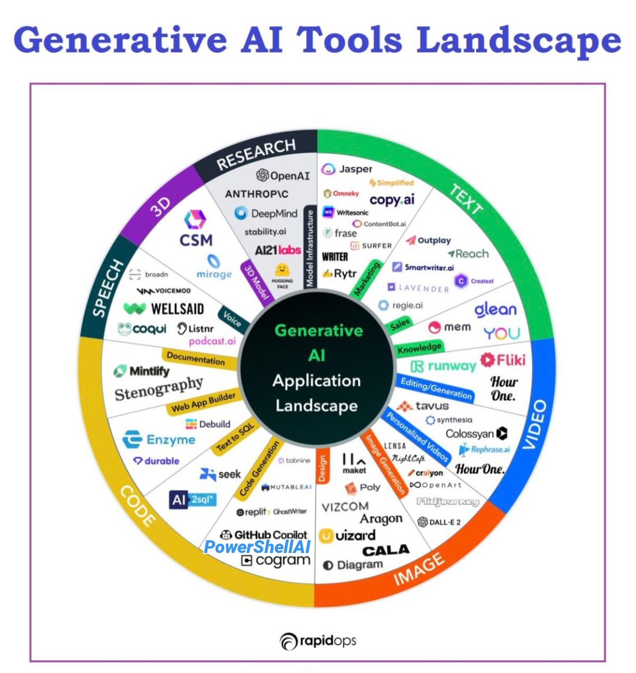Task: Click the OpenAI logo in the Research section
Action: (x=283, y=176)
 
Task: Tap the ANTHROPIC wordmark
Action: (x=257, y=193)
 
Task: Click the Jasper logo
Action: (x=347, y=169)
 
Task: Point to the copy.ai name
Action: (x=392, y=200)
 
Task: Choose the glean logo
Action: (x=495, y=310)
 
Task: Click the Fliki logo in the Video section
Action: (x=503, y=359)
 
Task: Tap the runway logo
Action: (x=443, y=366)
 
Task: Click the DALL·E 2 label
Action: (x=440, y=522)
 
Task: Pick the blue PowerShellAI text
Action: (x=258, y=547)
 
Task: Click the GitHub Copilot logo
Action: (x=264, y=534)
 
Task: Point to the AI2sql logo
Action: (x=193, y=499)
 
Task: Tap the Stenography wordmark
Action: (x=159, y=388)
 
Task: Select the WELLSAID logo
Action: (x=164, y=308)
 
